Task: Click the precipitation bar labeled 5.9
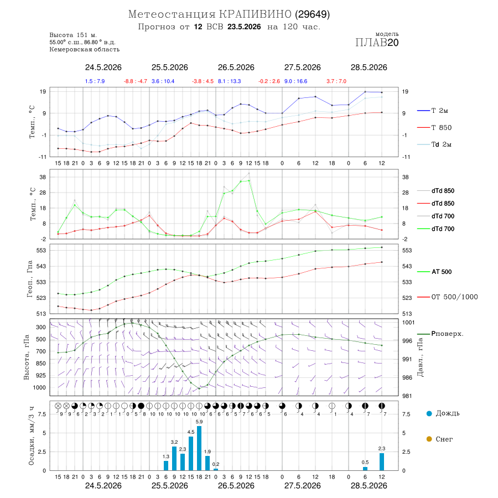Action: [199, 448]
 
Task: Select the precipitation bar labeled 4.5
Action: [191, 454]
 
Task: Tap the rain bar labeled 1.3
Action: [166, 465]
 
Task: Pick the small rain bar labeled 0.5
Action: [365, 469]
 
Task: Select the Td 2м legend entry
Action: [434, 144]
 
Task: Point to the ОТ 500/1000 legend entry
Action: [447, 297]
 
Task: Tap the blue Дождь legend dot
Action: [429, 413]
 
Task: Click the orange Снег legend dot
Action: [429, 439]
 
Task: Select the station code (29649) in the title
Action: [312, 14]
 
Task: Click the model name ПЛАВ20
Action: [377, 43]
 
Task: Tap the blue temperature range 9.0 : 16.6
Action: [295, 81]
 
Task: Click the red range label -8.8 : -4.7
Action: [136, 81]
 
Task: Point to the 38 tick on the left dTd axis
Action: [43, 177]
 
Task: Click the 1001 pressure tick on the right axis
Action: [408, 323]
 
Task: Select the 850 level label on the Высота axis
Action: [40, 364]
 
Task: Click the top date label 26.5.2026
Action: [236, 68]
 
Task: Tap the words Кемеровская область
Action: [85, 50]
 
